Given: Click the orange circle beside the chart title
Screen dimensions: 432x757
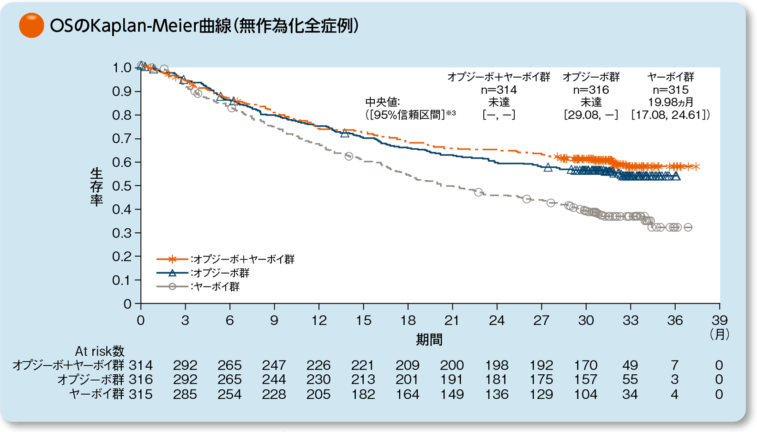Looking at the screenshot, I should (x=31, y=25).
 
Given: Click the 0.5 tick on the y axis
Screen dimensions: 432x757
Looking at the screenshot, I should (x=122, y=186).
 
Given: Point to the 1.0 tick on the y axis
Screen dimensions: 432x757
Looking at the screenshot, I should (x=122, y=68).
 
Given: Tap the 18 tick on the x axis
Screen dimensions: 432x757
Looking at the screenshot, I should (x=408, y=320).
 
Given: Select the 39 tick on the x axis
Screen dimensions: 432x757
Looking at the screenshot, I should (x=719, y=320).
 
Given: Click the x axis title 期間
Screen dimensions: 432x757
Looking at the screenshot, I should (x=429, y=340).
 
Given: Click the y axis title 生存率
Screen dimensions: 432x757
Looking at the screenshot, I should (x=96, y=187).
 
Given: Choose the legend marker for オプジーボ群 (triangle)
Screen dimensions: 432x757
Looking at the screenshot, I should (x=172, y=273).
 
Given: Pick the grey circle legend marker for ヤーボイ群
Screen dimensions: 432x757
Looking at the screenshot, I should (x=172, y=287).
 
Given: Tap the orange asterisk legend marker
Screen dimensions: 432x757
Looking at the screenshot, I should (x=172, y=259).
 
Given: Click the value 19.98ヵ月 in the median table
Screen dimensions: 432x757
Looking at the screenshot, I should (x=670, y=102).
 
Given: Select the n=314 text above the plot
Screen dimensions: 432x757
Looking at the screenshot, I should (x=499, y=90).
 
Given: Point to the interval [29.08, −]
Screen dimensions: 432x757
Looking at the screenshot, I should (x=591, y=115).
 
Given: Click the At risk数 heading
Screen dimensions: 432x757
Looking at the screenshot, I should (x=100, y=351).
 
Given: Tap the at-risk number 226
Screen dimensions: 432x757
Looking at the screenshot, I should (x=318, y=365).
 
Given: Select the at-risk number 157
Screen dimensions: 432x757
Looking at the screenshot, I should (x=586, y=380).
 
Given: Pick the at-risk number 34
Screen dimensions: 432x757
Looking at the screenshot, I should (x=630, y=395).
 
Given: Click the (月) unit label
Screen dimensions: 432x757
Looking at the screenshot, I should (x=719, y=334).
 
